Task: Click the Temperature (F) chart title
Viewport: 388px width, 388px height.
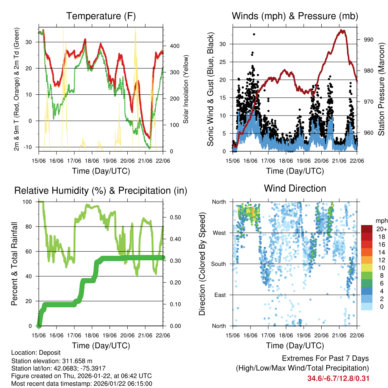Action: coord(101,16)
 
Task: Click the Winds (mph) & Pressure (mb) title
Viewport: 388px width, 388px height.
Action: coord(295,16)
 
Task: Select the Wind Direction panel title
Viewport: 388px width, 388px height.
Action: coord(295,188)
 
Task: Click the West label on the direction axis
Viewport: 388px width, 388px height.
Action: coord(219,233)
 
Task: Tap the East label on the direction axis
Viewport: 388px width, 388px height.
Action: coord(219,295)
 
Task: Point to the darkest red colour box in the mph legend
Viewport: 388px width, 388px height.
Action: coord(367,229)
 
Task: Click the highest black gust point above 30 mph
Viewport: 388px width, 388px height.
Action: coord(254,34)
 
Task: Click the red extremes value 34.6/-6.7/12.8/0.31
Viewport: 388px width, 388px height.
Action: coord(338,378)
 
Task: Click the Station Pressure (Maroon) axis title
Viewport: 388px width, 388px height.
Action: coord(381,89)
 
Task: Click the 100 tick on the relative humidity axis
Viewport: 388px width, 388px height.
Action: coord(30,202)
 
